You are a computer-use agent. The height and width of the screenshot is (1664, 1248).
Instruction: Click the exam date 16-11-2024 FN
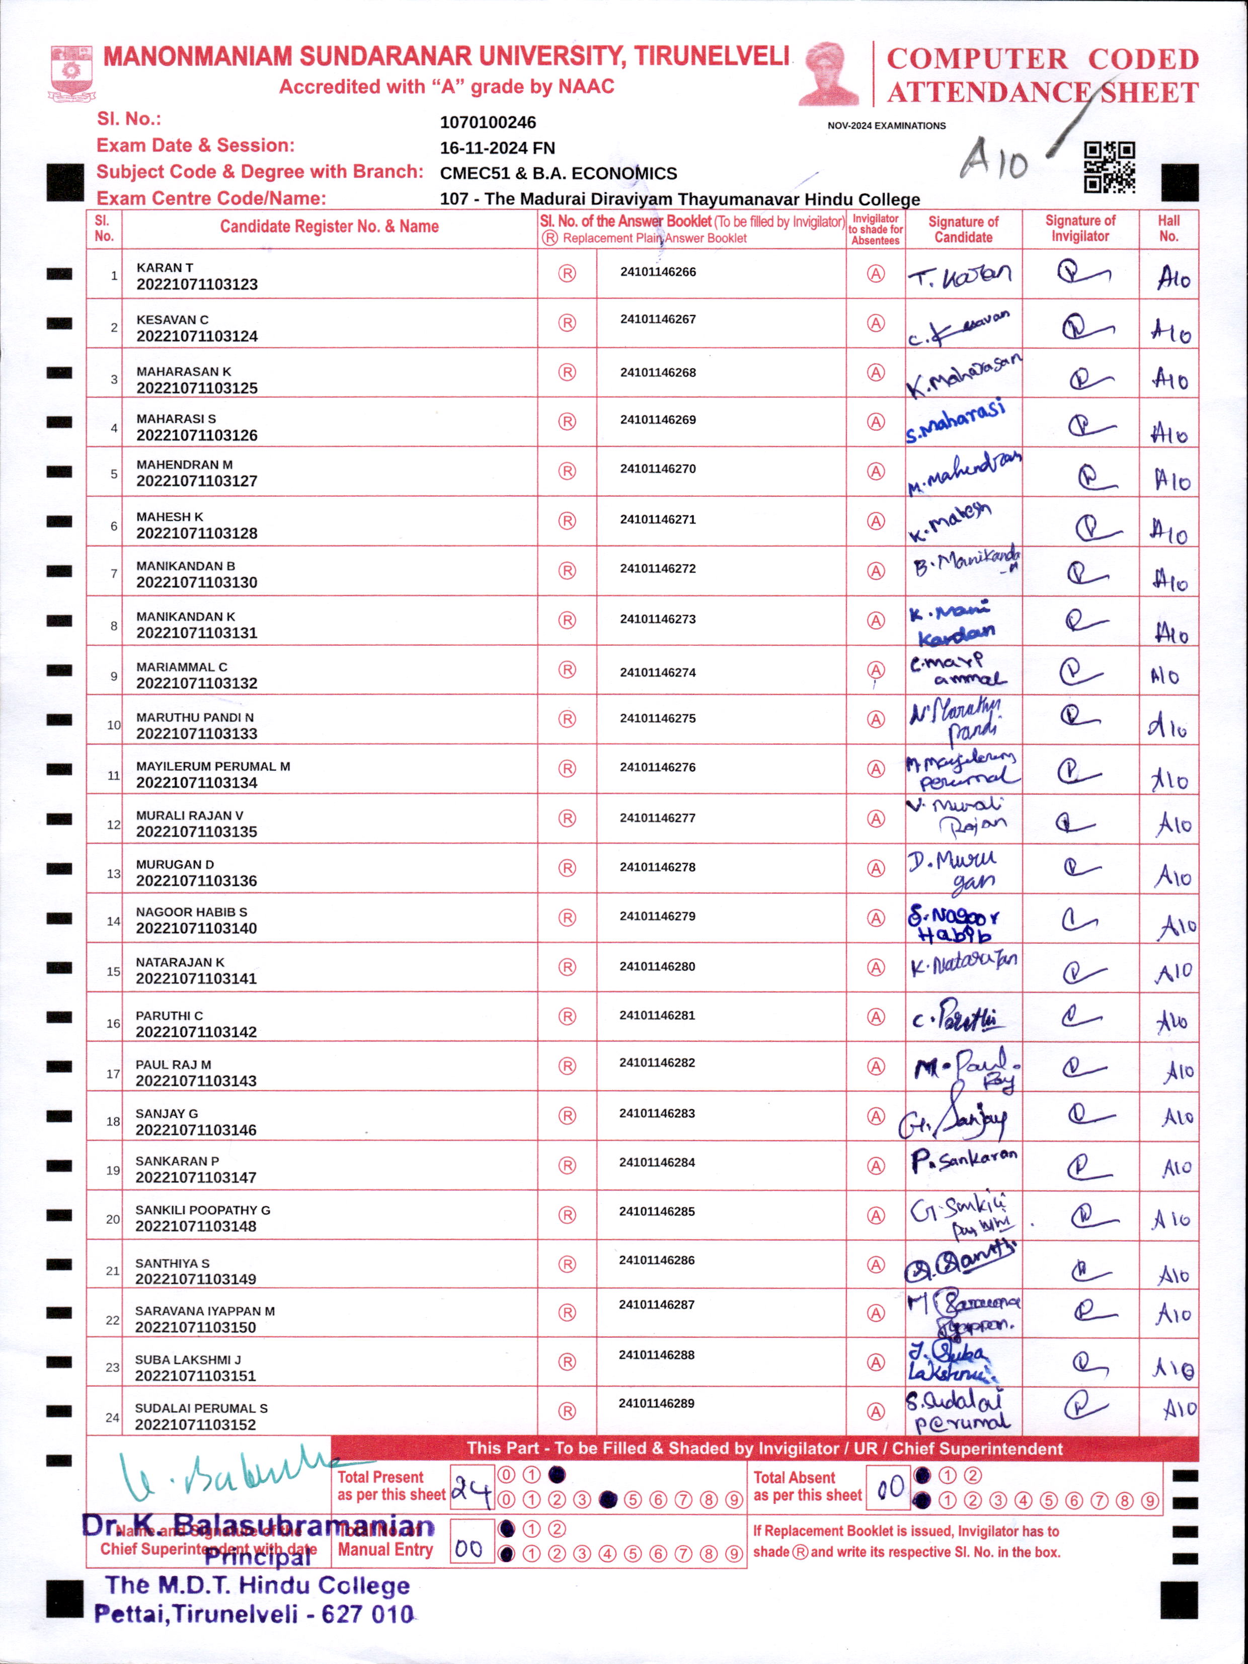[x=497, y=148]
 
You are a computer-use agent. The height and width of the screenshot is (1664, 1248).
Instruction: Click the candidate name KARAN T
[x=165, y=268]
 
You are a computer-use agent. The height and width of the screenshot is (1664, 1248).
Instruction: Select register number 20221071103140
[x=196, y=928]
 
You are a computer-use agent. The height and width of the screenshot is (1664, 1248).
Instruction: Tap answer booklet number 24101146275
[x=658, y=718]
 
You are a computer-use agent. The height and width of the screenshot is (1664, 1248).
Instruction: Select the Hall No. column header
[x=1168, y=229]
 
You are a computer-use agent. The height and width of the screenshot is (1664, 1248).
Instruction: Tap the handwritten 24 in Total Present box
[x=472, y=1487]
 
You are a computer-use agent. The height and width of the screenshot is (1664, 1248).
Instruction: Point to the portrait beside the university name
[x=828, y=73]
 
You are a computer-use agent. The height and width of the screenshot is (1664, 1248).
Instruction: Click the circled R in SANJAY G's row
[x=567, y=1115]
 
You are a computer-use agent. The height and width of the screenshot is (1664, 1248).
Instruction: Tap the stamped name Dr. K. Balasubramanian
[x=258, y=1526]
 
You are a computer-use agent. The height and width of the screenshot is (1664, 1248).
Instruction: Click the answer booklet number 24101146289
[x=657, y=1403]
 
